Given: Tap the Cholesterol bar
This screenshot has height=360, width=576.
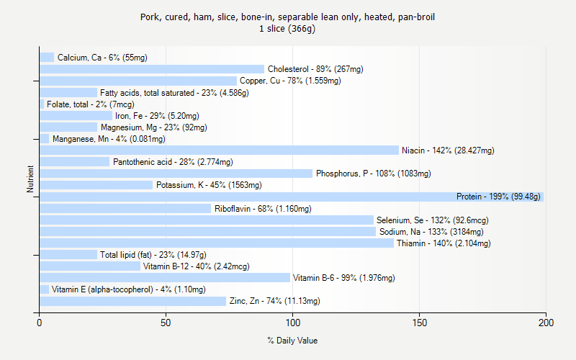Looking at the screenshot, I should [152, 69].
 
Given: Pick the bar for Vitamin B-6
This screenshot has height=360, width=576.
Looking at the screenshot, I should [165, 277].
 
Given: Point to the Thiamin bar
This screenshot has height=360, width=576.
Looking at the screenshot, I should [217, 243].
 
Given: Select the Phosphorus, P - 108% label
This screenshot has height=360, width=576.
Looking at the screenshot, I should [373, 174].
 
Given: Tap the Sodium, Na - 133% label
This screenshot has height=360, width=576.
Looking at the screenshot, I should [431, 232].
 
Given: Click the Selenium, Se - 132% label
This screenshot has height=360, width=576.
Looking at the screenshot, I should [429, 220].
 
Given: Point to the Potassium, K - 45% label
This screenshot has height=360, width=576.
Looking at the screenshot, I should [209, 185].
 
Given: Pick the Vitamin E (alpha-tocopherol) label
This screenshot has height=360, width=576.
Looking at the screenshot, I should [128, 289].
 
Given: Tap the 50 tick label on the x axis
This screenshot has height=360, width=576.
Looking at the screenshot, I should [166, 323].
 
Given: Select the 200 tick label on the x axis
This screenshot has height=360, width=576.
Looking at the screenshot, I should [545, 323].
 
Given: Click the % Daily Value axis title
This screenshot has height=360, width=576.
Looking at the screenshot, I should [292, 341].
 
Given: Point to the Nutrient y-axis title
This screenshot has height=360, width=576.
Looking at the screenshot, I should [30, 179].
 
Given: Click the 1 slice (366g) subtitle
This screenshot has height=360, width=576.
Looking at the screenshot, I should [287, 29].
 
